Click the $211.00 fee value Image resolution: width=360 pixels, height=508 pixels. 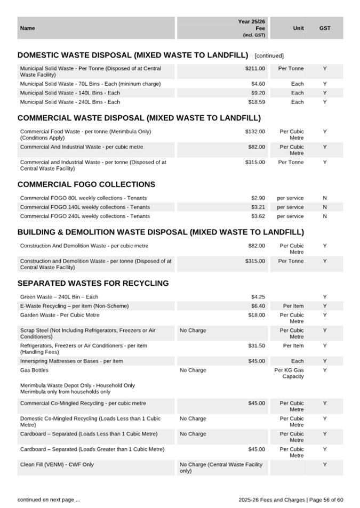click(x=255, y=69)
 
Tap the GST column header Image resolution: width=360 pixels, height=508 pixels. click(x=325, y=28)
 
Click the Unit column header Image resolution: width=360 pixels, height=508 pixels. click(x=298, y=28)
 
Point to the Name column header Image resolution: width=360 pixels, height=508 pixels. click(x=27, y=28)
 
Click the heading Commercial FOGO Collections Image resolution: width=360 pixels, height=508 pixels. click(x=86, y=184)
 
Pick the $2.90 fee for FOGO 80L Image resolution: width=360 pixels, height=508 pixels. click(x=258, y=198)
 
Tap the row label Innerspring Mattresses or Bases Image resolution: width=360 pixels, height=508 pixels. click(x=71, y=361)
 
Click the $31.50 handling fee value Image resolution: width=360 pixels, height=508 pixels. click(x=257, y=346)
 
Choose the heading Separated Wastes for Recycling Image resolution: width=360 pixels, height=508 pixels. click(x=93, y=283)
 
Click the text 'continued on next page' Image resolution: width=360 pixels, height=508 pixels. click(x=49, y=499)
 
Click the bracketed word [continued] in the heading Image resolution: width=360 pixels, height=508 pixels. click(x=269, y=55)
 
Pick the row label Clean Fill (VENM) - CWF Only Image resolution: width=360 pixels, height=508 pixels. click(x=57, y=465)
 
